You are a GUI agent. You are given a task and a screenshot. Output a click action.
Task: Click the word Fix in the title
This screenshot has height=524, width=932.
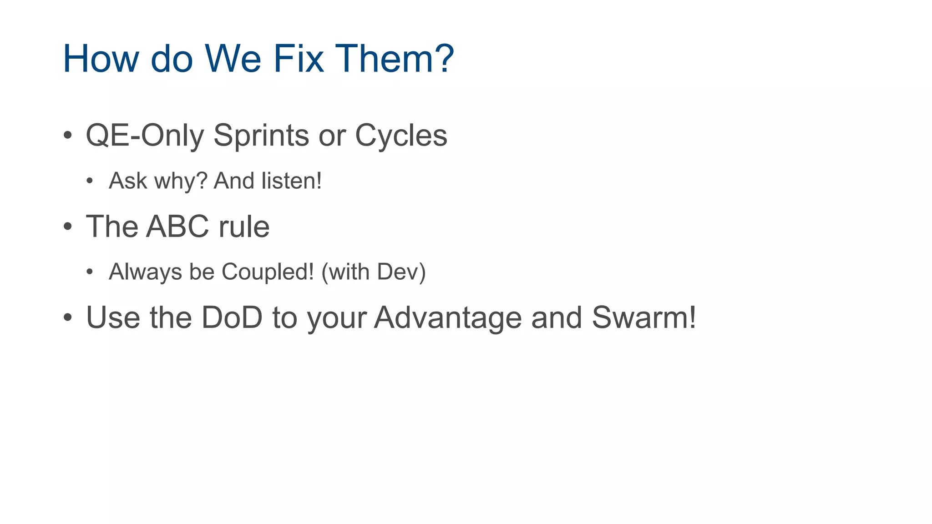click(x=299, y=59)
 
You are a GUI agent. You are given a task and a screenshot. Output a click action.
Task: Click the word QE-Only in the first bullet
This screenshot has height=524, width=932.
click(x=145, y=136)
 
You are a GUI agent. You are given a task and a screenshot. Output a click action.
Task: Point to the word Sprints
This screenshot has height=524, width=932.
click(x=261, y=136)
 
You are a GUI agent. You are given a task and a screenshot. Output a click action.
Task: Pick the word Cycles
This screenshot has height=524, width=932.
click(x=401, y=136)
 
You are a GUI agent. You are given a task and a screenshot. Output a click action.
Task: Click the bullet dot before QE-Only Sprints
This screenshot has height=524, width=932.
click(x=68, y=136)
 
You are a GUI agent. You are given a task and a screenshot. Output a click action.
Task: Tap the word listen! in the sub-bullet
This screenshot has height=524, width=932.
click(x=292, y=181)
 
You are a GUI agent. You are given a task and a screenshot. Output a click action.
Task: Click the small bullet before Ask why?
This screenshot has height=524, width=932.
click(x=90, y=181)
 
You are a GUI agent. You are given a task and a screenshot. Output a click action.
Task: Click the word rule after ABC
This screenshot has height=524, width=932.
click(x=244, y=227)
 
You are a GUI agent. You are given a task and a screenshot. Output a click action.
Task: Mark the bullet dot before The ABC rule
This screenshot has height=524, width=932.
click(x=68, y=227)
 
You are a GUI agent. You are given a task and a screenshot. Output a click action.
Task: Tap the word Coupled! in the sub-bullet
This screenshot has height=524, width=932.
click(x=268, y=272)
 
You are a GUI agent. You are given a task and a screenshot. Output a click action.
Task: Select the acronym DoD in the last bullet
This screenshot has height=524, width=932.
click(x=232, y=317)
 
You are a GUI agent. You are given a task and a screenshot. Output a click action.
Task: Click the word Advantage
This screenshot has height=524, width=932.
click(x=448, y=317)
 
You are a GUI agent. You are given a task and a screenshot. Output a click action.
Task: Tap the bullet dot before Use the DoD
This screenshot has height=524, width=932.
click(x=68, y=317)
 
